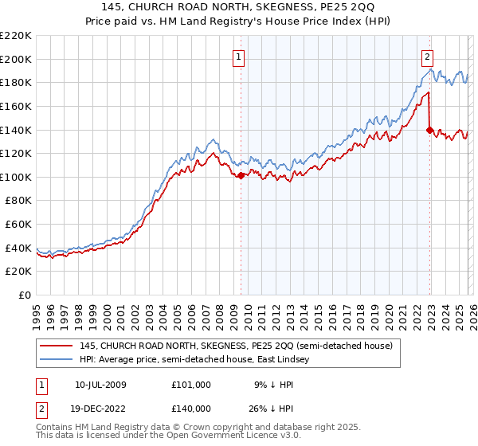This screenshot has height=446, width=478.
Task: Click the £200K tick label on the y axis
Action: point(16,59)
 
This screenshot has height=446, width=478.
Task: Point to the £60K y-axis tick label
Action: point(18,225)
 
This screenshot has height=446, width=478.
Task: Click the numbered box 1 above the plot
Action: point(239,57)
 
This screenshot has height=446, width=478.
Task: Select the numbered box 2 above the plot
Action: point(428,57)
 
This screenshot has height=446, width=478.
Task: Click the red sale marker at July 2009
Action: point(241,175)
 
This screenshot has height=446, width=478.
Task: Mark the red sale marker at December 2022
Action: point(430,130)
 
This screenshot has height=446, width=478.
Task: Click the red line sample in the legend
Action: point(57,346)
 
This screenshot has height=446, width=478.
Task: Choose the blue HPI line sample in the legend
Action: point(57,360)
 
